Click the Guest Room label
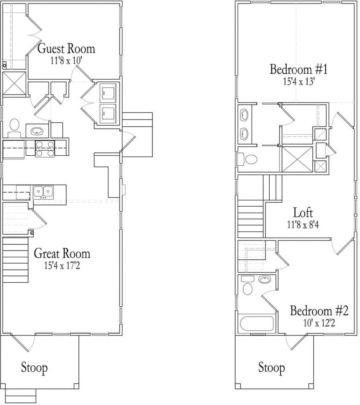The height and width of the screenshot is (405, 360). (66, 49)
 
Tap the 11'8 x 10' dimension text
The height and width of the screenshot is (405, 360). (66, 61)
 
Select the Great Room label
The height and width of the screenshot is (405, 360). (62, 254)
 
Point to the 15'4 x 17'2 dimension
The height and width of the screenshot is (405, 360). (62, 265)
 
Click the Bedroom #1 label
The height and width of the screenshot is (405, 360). (298, 69)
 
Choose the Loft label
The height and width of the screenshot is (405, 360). (303, 213)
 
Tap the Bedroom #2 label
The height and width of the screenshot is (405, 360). (319, 310)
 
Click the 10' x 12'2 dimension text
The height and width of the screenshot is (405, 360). (319, 323)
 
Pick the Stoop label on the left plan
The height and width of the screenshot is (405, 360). (34, 367)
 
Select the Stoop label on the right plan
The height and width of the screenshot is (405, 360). (272, 367)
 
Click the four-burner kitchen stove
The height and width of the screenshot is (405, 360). (45, 149)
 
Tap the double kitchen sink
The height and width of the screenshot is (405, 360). (43, 192)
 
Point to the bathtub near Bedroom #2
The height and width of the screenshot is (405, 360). (257, 324)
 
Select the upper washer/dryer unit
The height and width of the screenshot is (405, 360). (108, 93)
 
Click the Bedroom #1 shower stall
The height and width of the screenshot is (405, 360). (297, 159)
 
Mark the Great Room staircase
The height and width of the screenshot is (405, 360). (15, 259)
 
